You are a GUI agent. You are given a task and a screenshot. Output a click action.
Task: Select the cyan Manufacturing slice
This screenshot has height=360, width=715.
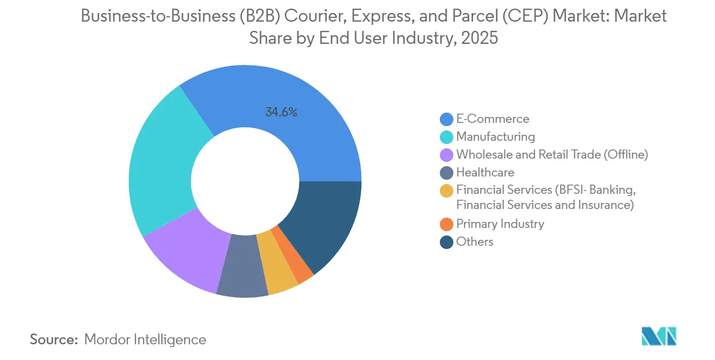(x=162, y=162)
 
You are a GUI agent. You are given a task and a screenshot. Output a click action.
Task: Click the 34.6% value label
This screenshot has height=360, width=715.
(x=281, y=113)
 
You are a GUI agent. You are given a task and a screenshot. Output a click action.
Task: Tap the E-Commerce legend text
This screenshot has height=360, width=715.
(x=492, y=119)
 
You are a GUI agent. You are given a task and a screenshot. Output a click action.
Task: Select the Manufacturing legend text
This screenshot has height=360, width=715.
(x=495, y=136)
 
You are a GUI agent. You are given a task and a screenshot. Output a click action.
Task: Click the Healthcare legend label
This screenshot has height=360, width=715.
(x=485, y=172)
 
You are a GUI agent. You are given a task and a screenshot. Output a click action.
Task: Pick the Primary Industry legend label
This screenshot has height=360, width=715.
(x=499, y=224)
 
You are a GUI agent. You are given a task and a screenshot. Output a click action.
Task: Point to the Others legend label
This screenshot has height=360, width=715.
(x=474, y=241)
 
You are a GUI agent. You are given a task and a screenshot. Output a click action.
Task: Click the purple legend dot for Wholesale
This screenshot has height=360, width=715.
(x=446, y=155)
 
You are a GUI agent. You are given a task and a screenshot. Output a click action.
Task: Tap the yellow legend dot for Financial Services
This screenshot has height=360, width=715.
(x=446, y=191)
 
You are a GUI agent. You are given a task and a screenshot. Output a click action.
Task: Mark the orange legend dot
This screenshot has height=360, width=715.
(x=446, y=224)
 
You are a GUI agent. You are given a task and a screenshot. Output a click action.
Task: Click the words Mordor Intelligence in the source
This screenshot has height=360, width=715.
(x=145, y=339)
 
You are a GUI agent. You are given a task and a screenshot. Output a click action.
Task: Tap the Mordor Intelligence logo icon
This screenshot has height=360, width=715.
(x=659, y=336)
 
